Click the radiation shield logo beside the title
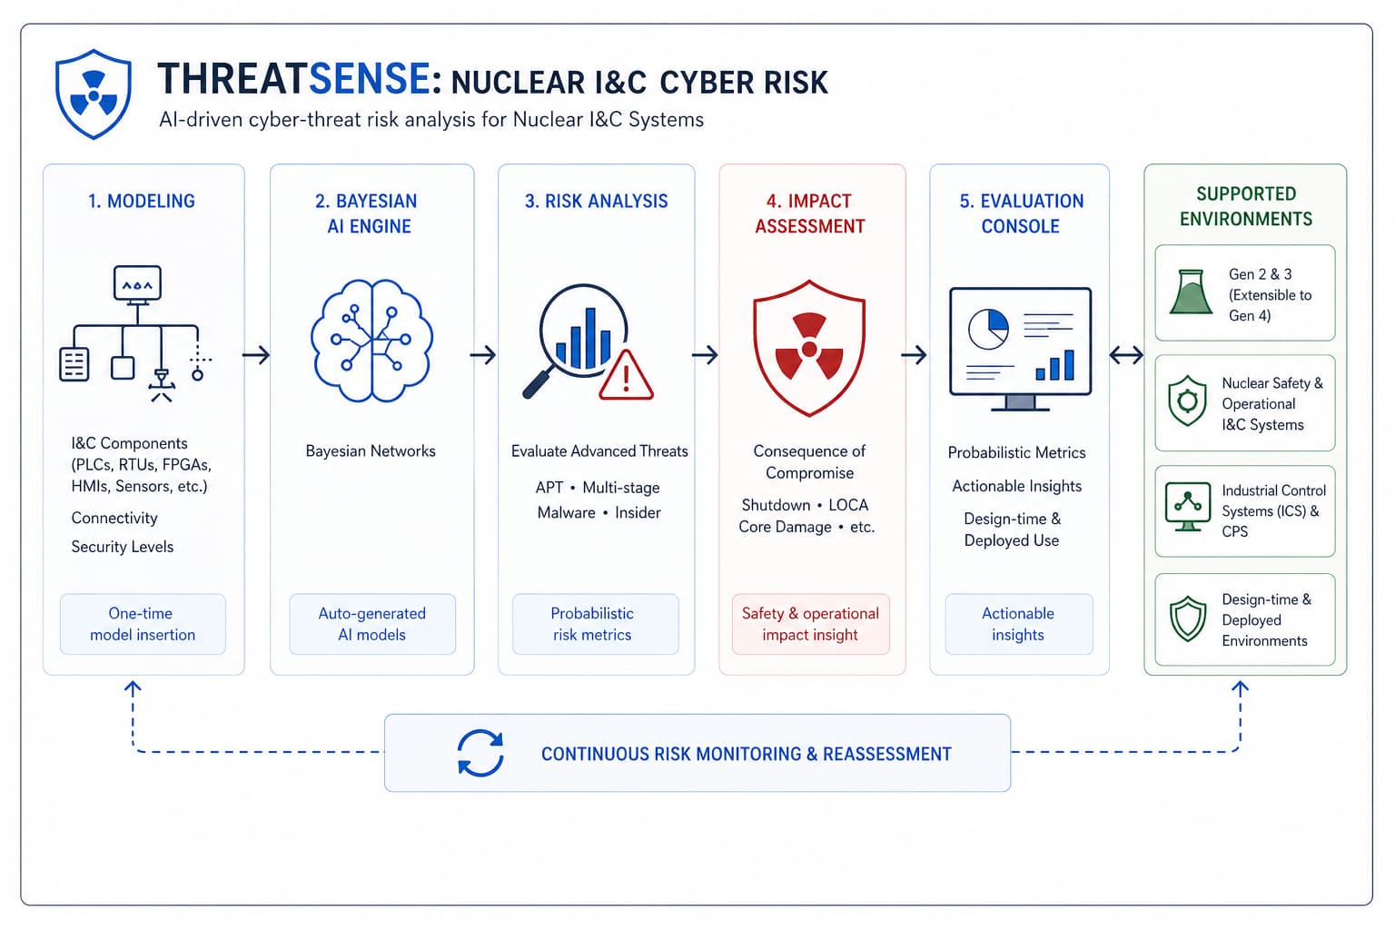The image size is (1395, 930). tap(94, 94)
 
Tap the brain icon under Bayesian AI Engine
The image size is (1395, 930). tap(371, 340)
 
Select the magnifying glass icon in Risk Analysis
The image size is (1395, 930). tap(575, 340)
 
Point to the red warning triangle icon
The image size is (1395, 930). tap(626, 376)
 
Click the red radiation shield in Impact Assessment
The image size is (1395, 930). tap(809, 348)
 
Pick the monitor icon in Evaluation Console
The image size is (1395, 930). tap(1020, 349)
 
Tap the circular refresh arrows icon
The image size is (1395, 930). tap(480, 753)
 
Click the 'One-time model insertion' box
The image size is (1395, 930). tap(143, 624)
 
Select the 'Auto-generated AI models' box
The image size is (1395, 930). tap(372, 624)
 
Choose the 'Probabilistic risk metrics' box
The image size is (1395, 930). tap(596, 624)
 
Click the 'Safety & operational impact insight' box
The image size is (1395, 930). tap(811, 624)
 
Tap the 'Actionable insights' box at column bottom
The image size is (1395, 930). tap(1019, 624)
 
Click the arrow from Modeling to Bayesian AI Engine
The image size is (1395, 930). tap(256, 355)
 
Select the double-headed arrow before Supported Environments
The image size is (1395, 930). tap(1126, 355)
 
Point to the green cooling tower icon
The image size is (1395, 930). tap(1191, 292)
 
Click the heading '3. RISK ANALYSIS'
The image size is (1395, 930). tap(596, 202)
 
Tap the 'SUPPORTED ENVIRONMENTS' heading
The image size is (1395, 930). tap(1245, 206)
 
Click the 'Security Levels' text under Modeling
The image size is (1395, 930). tap(122, 547)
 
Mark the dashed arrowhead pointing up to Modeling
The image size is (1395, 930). tap(132, 689)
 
